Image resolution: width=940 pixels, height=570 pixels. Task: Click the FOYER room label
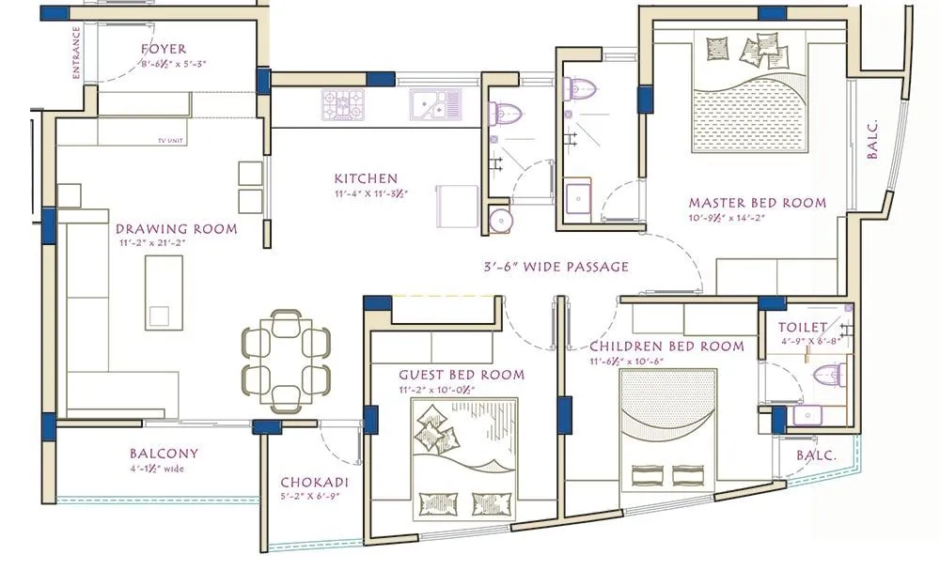(x=164, y=49)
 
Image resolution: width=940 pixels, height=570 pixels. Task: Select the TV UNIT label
(x=173, y=142)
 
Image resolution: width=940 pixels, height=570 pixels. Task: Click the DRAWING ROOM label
(x=176, y=228)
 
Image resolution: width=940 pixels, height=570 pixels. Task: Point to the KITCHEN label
(x=366, y=178)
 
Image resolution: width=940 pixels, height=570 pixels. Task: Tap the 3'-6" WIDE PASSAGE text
(x=550, y=267)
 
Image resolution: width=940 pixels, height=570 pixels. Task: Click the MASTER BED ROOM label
(x=757, y=202)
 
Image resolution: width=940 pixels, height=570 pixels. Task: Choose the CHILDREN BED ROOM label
(x=666, y=346)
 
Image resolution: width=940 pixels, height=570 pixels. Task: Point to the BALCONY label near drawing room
(x=164, y=453)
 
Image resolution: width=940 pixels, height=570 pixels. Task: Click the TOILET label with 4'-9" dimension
(x=802, y=327)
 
